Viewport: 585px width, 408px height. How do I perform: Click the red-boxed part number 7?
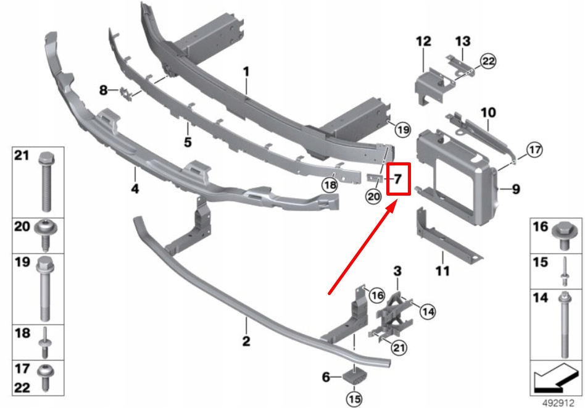point(398,180)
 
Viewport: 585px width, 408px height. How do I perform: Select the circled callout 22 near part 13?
point(488,61)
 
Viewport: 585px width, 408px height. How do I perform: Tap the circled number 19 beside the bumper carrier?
point(402,130)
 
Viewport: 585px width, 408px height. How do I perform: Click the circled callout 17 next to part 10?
point(534,149)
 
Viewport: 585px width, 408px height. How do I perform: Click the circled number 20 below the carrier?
point(373,197)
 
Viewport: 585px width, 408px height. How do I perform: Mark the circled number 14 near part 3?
point(427,312)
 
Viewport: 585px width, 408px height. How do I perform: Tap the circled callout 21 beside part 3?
point(399,349)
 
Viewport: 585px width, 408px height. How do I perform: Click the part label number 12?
point(423,42)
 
